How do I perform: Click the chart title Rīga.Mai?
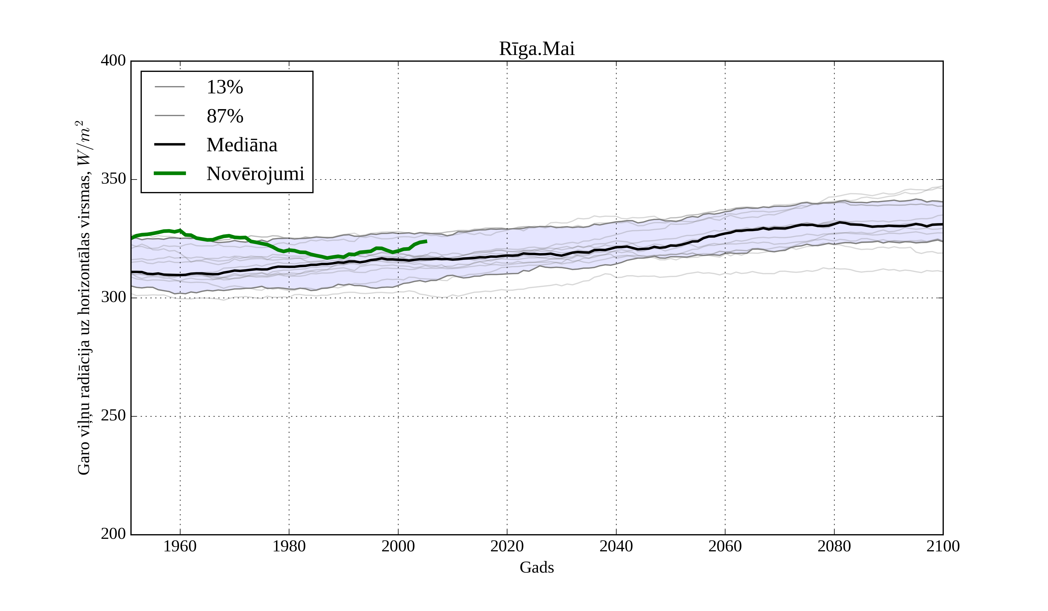pos(537,49)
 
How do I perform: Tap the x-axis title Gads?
pos(537,567)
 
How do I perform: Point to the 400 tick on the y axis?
pos(113,61)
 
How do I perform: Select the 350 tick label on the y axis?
pos(113,179)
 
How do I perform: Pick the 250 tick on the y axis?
pos(113,416)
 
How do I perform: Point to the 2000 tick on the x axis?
pos(398,546)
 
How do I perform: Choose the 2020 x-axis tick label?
pos(507,546)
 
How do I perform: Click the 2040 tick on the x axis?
pos(616,546)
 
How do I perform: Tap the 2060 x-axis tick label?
pos(725,546)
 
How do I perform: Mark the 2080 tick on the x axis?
pos(834,546)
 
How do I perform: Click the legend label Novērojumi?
pos(255,174)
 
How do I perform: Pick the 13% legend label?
pos(224,87)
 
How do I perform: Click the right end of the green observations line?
pos(426,241)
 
